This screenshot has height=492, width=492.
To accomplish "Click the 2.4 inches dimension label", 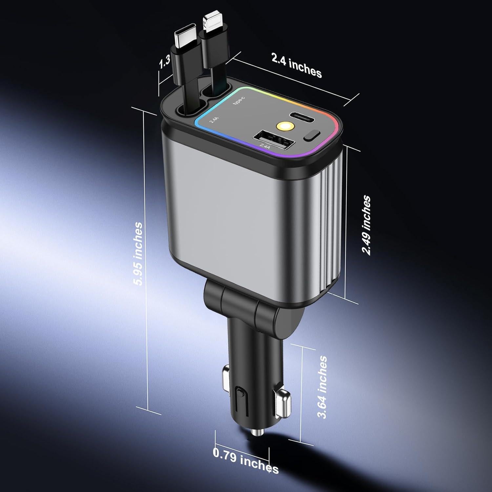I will pyautogui.click(x=296, y=65).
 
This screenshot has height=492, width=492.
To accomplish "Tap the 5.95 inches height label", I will pyautogui.click(x=138, y=254).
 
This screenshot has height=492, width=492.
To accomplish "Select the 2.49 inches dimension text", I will pyautogui.click(x=366, y=225).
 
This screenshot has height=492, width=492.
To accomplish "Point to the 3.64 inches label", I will pyautogui.click(x=323, y=387).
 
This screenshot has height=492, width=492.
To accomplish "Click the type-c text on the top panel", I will pyautogui.click(x=239, y=99).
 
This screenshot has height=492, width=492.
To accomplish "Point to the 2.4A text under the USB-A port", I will pyautogui.click(x=265, y=146).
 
